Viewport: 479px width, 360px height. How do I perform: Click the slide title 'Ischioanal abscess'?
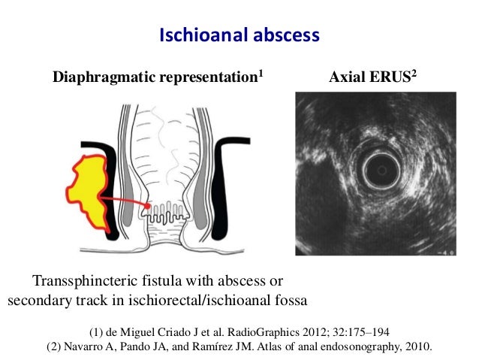click(239, 35)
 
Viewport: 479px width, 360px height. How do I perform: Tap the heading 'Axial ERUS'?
click(365, 77)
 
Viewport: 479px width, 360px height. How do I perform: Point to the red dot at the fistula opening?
click(149, 204)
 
